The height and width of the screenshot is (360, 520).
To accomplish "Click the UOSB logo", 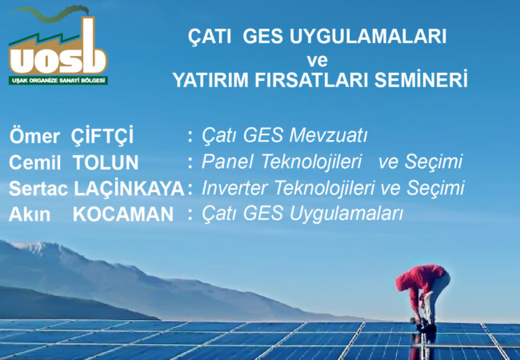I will point(58,48).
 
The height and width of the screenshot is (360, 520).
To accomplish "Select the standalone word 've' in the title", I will point(318,59).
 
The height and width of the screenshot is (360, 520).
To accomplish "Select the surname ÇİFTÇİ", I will point(102,135).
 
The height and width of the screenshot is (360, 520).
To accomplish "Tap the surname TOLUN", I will point(106,162).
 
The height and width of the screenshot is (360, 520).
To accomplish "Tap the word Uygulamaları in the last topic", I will point(352,214).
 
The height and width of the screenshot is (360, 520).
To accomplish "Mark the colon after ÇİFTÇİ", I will point(190,136).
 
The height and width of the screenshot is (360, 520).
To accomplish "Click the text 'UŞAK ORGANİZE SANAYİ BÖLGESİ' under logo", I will point(58,81).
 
